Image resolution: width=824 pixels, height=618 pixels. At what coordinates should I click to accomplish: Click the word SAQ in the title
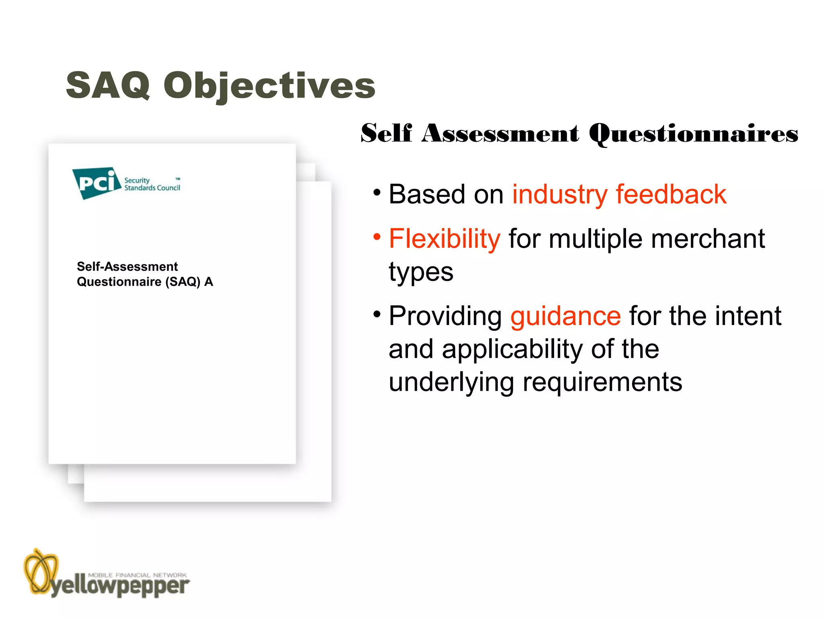click(x=108, y=85)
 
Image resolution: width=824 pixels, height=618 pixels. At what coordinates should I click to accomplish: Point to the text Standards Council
click(x=152, y=188)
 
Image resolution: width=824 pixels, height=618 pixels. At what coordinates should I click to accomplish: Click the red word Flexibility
click(x=444, y=239)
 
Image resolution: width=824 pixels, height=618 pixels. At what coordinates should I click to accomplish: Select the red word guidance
click(x=565, y=316)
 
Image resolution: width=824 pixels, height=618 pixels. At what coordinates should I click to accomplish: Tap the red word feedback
click(x=671, y=194)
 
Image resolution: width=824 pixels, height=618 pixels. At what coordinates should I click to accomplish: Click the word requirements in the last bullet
click(x=602, y=382)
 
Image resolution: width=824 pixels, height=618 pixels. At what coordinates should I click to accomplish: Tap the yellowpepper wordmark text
click(x=120, y=587)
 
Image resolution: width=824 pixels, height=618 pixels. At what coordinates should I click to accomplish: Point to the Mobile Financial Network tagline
click(x=137, y=575)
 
